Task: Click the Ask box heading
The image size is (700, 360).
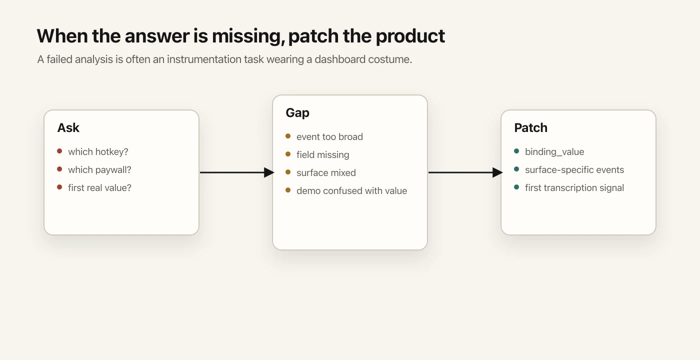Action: (x=68, y=128)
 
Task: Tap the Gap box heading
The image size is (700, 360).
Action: (x=297, y=113)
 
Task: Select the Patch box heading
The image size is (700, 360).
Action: (x=530, y=128)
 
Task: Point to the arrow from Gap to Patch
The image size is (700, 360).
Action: (x=465, y=172)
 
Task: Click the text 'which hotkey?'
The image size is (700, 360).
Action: (x=98, y=152)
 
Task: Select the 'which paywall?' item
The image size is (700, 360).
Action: (x=99, y=170)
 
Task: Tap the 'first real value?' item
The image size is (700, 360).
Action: (x=99, y=188)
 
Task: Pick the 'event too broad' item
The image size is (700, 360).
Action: (x=329, y=137)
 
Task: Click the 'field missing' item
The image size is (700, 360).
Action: (x=322, y=155)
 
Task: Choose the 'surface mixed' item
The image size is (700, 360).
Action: (x=326, y=173)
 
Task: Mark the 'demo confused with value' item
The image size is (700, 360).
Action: (x=351, y=191)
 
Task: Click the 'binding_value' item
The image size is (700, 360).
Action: (x=554, y=152)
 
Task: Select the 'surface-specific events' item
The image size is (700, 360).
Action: (x=574, y=170)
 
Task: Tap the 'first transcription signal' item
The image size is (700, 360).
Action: (x=574, y=188)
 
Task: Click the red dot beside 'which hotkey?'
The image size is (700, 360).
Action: (x=59, y=151)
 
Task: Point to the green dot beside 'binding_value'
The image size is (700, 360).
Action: (x=516, y=151)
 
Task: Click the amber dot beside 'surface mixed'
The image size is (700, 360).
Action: (x=288, y=172)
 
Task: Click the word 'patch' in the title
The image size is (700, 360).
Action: (x=313, y=36)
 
